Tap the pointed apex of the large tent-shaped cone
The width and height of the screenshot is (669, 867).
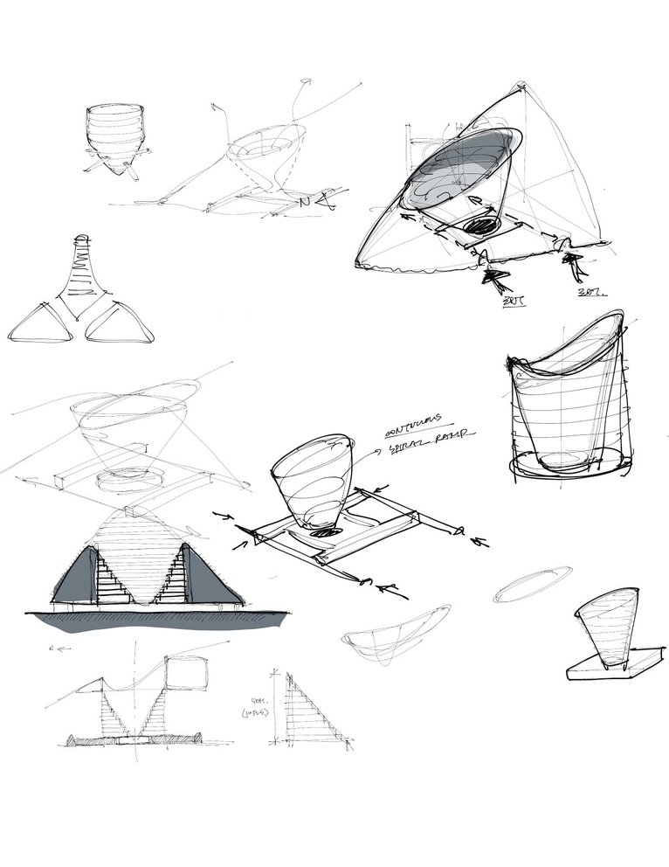[521, 86]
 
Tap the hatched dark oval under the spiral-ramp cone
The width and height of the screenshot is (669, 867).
[325, 530]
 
